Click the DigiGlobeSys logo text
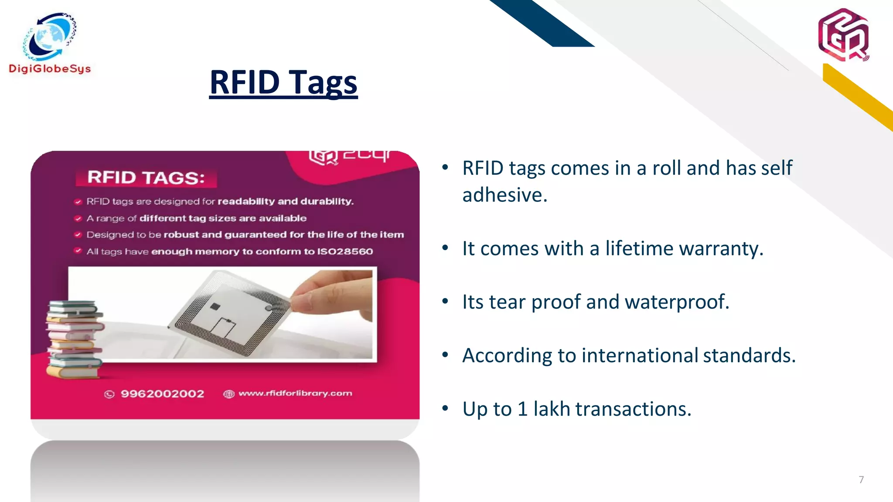pos(50,69)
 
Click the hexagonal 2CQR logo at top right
pos(843,35)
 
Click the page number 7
pos(861,480)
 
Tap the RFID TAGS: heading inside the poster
pos(146,178)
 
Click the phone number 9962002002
pos(162,394)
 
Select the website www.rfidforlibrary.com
pos(295,393)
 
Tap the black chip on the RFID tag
pos(215,306)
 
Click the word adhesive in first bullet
pos(504,195)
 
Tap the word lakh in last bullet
pos(552,409)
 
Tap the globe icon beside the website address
pos(228,394)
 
